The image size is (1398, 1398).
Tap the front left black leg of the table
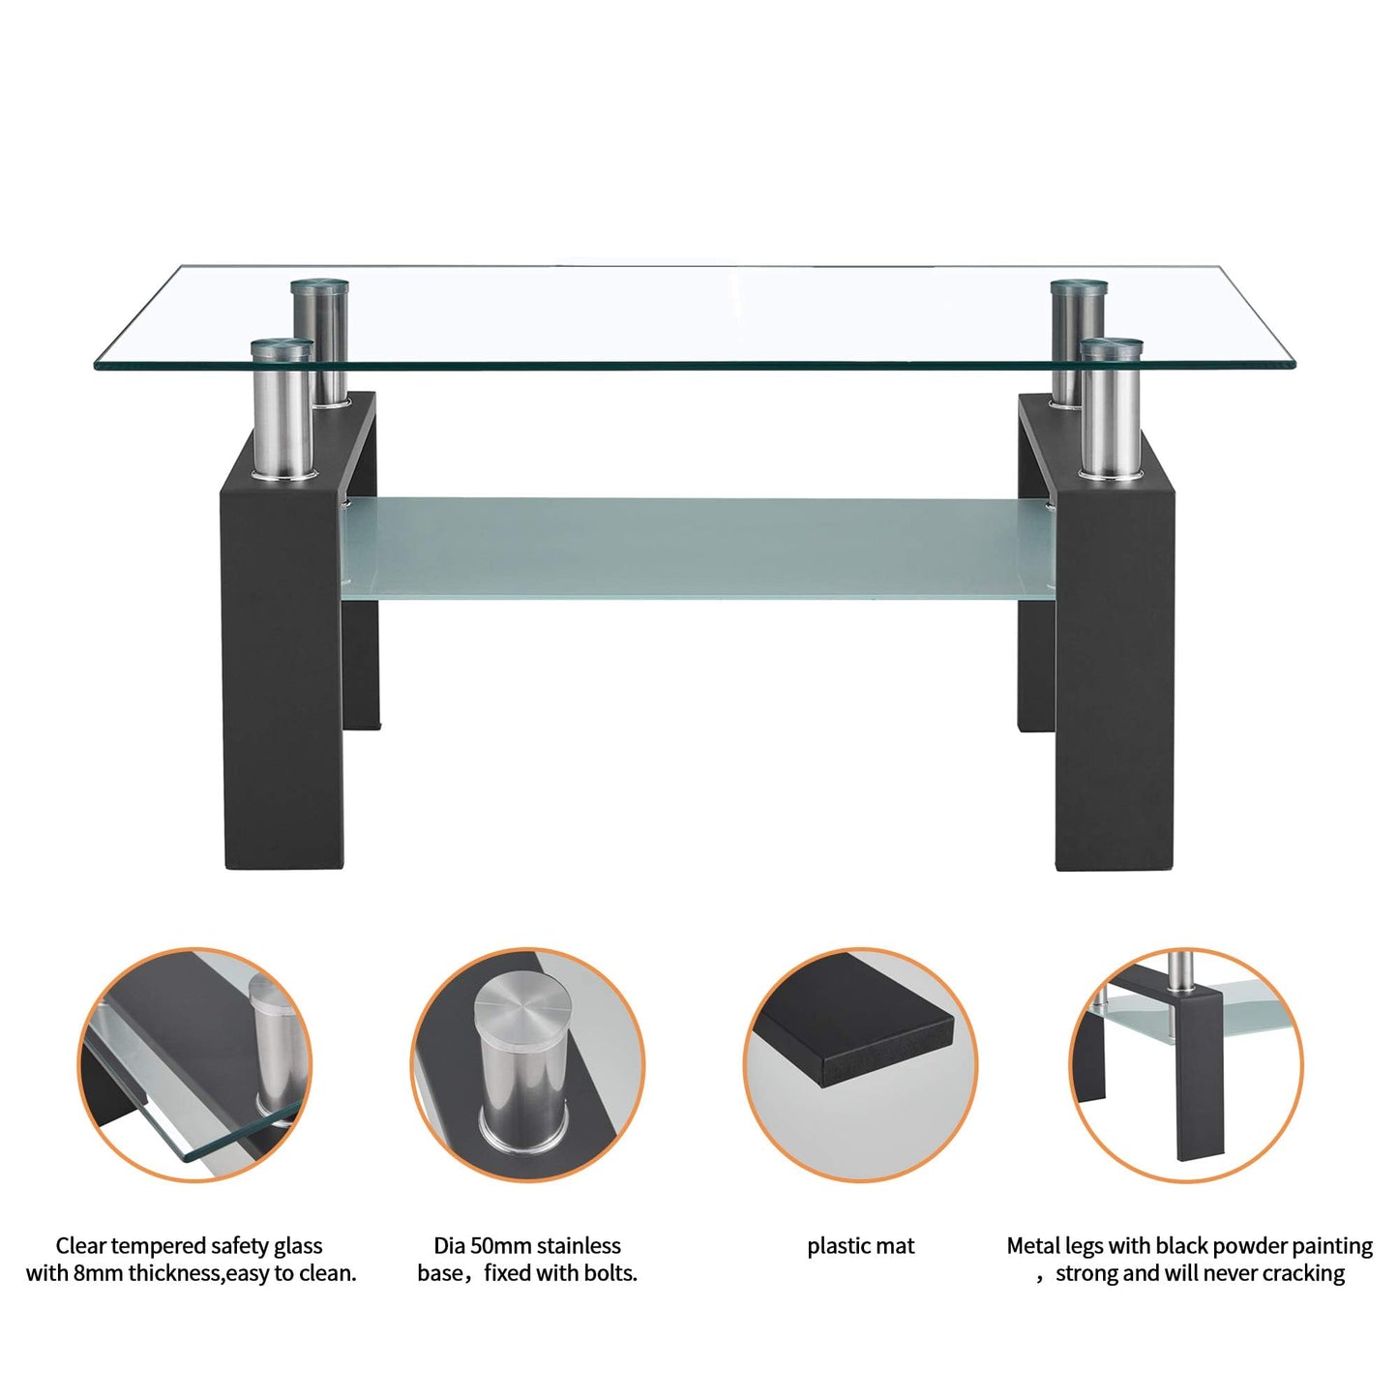point(281,677)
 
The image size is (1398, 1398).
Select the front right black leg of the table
point(1113,677)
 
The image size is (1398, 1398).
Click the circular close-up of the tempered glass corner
point(194,1064)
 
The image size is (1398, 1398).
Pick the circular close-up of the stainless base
point(527,1064)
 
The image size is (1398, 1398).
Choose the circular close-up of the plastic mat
point(860,1064)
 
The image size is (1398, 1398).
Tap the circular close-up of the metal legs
point(1186,1064)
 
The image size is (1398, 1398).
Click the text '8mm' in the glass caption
point(98,1273)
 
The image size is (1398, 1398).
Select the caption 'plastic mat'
point(860,1246)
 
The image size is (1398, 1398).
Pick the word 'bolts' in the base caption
point(610,1273)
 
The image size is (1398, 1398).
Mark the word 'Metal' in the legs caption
point(1033,1246)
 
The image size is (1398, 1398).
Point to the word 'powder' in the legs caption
point(1258,1246)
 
